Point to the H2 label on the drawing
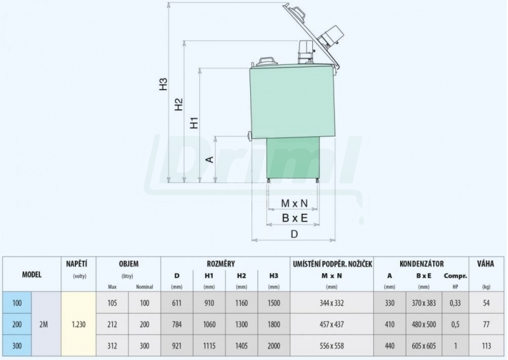click(179, 105)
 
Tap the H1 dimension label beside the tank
click(194, 123)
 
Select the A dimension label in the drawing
click(210, 159)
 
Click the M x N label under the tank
click(294, 203)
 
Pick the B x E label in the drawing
click(295, 218)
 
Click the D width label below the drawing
click(294, 234)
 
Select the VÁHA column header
click(485, 263)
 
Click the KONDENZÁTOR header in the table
click(422, 263)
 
